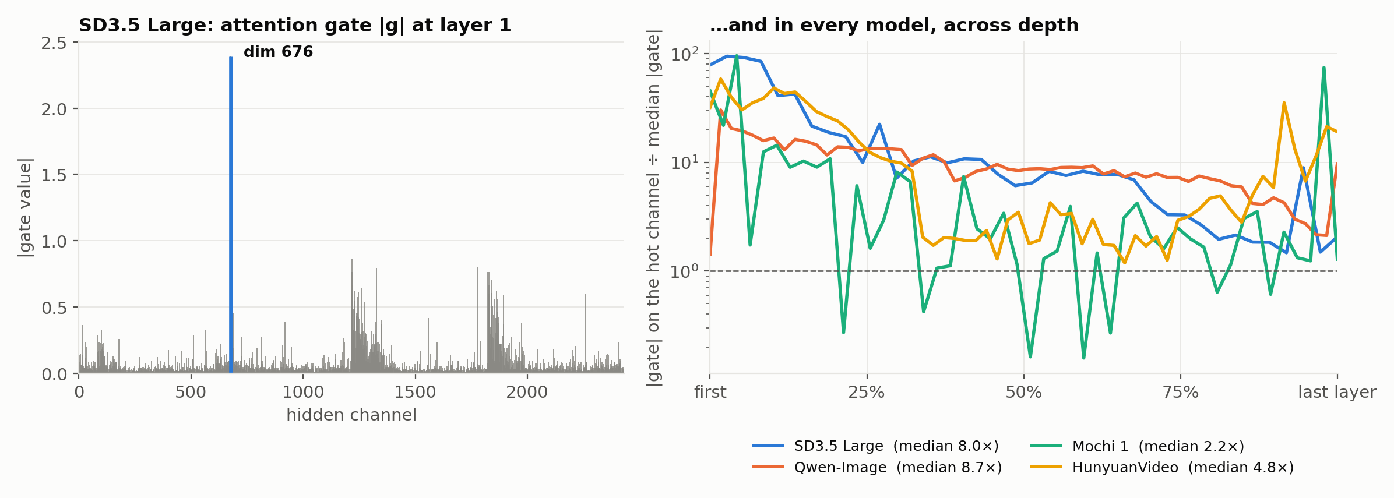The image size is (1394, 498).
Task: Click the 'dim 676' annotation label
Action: pyautogui.click(x=278, y=52)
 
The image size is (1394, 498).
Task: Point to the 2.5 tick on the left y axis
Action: pyautogui.click(x=54, y=43)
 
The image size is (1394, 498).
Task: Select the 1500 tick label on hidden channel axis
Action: pyautogui.click(x=415, y=392)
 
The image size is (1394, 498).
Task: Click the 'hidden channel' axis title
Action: pyautogui.click(x=351, y=415)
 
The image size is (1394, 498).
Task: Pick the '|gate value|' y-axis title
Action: pyautogui.click(x=25, y=207)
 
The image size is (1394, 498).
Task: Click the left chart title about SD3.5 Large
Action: pyautogui.click(x=295, y=26)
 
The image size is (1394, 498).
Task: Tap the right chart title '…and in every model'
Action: pyautogui.click(x=894, y=26)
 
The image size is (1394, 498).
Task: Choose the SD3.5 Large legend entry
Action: pyautogui.click(x=875, y=446)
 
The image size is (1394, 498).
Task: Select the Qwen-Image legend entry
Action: pyautogui.click(x=877, y=468)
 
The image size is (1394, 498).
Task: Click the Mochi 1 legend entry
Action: pyautogui.click(x=1137, y=447)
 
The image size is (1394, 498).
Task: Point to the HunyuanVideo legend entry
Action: pyautogui.click(x=1162, y=468)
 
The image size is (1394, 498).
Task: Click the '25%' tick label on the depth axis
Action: pyautogui.click(x=867, y=393)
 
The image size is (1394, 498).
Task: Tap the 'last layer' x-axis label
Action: pyautogui.click(x=1337, y=393)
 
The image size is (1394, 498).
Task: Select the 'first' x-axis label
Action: pyautogui.click(x=710, y=393)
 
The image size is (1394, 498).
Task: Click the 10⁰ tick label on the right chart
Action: pyautogui.click(x=685, y=271)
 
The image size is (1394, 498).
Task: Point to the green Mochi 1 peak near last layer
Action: pyautogui.click(x=1323, y=68)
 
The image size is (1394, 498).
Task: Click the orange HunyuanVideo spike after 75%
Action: pyautogui.click(x=1284, y=103)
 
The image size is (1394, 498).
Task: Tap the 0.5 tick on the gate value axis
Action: pyautogui.click(x=54, y=308)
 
